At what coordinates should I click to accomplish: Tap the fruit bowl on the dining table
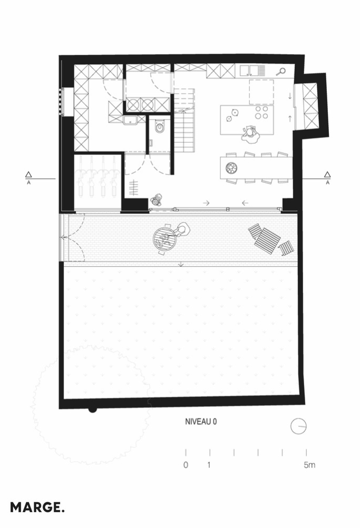[232, 167]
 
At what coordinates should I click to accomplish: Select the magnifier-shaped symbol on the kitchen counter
[281, 71]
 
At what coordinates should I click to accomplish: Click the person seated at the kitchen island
[250, 134]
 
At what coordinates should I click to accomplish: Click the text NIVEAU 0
[201, 422]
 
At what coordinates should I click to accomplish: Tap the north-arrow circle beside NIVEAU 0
[298, 426]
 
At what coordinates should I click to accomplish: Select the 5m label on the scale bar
[309, 465]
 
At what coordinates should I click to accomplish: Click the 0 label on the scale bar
[186, 465]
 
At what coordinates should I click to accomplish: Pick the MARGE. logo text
[37, 507]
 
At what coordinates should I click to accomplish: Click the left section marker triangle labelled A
[28, 174]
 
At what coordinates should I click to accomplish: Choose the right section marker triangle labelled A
[327, 174]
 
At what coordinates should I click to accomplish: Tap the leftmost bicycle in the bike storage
[81, 176]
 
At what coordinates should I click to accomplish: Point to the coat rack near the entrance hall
[134, 188]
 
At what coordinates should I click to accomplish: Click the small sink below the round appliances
[130, 120]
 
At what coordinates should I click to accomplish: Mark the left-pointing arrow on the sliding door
[245, 203]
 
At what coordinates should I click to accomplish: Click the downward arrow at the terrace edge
[181, 264]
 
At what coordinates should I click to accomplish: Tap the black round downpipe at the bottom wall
[92, 410]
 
